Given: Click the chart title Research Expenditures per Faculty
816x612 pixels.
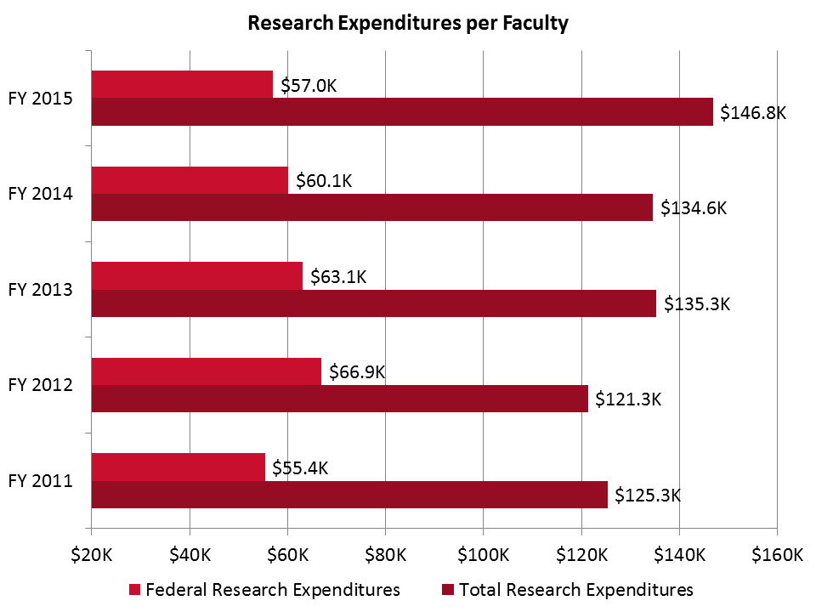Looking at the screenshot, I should (407, 23).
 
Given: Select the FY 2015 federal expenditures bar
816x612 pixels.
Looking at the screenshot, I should (182, 84).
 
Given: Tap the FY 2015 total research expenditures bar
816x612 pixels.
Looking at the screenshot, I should (401, 112).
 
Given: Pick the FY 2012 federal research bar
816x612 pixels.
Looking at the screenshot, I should (206, 371).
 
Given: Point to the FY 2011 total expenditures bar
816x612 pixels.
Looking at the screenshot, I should (349, 495).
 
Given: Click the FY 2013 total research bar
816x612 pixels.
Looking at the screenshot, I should (373, 303).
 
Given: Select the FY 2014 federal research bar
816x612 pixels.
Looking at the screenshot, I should (190, 180).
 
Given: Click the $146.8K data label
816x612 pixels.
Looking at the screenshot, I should (753, 112).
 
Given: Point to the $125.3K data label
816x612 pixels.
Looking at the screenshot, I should (648, 495).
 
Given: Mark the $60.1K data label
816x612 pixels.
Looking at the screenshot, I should (324, 180).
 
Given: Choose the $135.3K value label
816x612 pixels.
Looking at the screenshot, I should (696, 303).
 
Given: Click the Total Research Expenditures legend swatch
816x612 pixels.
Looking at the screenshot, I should (448, 590).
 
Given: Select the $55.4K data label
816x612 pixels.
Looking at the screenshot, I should (300, 467).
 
